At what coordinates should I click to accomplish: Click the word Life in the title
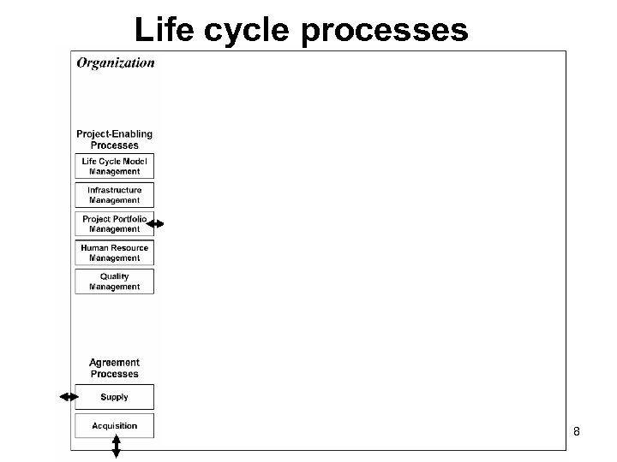164,30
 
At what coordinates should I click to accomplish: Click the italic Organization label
116,62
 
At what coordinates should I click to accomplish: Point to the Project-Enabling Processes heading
114,139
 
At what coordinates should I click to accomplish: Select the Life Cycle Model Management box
114,167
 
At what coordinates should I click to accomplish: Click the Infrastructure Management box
114,195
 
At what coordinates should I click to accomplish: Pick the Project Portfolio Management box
114,224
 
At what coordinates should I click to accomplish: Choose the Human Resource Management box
114,253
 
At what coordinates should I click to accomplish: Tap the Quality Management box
114,281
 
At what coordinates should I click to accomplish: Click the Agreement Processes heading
114,369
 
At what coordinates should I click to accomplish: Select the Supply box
114,397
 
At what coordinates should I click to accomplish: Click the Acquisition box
114,426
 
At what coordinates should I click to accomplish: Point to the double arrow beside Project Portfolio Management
155,224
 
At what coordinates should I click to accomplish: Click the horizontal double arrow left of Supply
69,397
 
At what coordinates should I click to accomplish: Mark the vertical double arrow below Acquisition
117,447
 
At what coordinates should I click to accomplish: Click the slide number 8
577,432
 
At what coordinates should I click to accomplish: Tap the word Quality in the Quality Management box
114,276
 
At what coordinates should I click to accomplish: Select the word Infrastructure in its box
114,190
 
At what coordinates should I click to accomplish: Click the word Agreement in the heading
114,364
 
